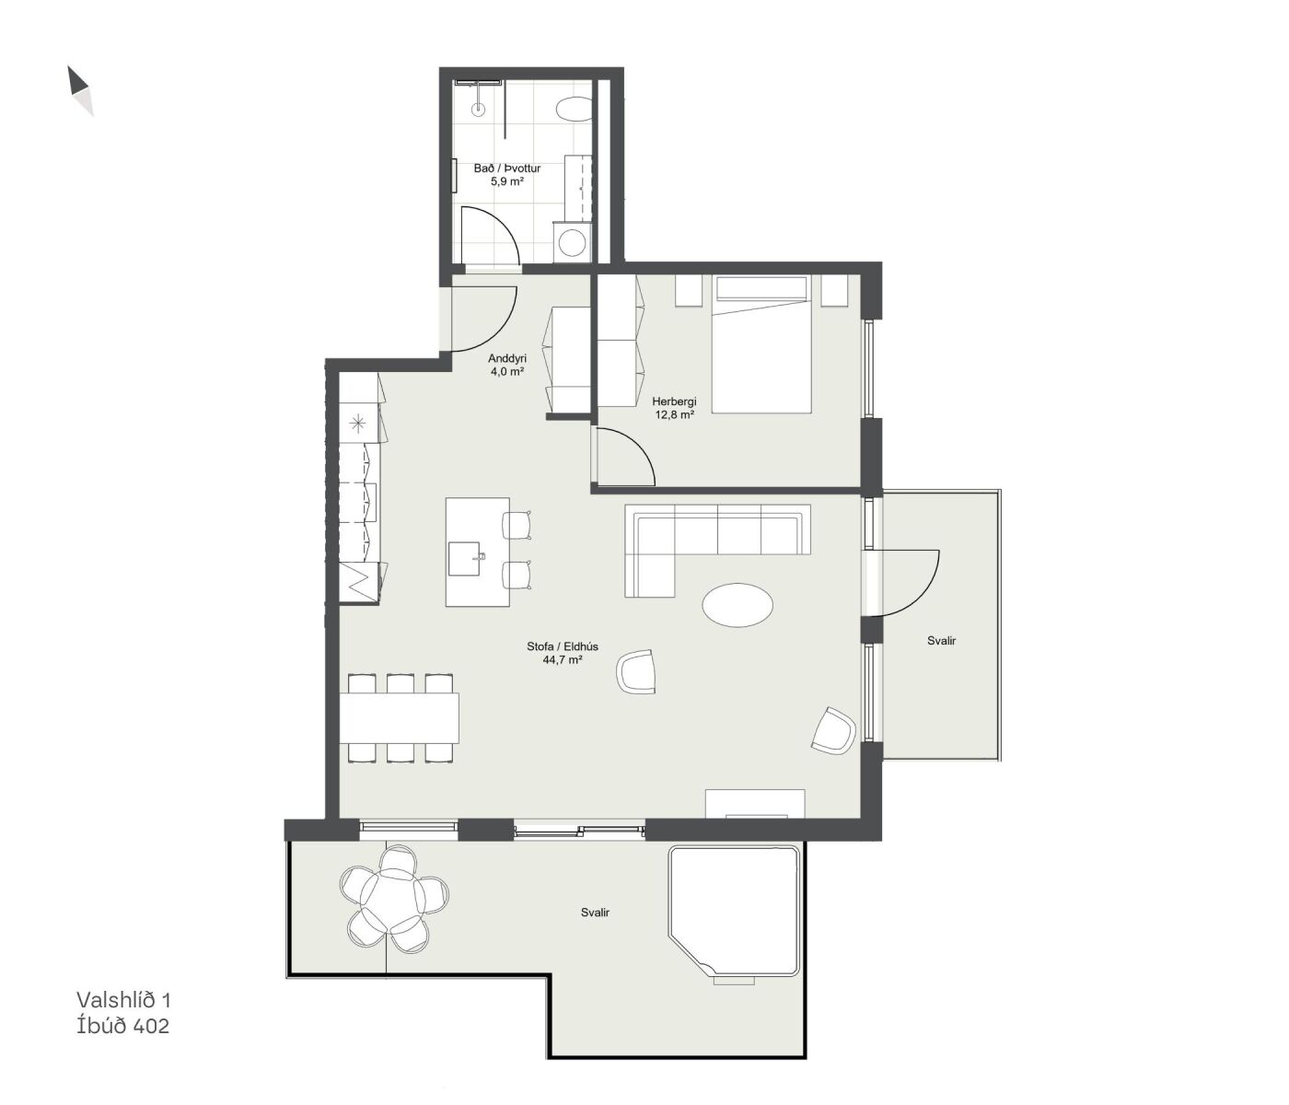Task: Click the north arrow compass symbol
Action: [x=80, y=90]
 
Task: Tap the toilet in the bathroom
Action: [x=573, y=109]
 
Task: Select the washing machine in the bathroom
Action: [x=571, y=242]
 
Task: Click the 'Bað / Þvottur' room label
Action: [x=507, y=169]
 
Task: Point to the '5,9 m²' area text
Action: [x=507, y=182]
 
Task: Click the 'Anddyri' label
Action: [x=507, y=358]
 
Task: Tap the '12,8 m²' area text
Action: [x=674, y=414]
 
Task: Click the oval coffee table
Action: [x=737, y=604]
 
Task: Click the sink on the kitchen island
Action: [x=465, y=559]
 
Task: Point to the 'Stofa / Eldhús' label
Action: [x=563, y=646]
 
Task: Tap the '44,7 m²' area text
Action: [x=563, y=660]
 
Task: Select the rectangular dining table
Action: [x=399, y=717]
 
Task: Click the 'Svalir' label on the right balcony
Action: [x=941, y=641]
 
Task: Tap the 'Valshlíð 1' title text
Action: [x=123, y=1000]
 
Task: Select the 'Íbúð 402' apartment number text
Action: [x=122, y=1026]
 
